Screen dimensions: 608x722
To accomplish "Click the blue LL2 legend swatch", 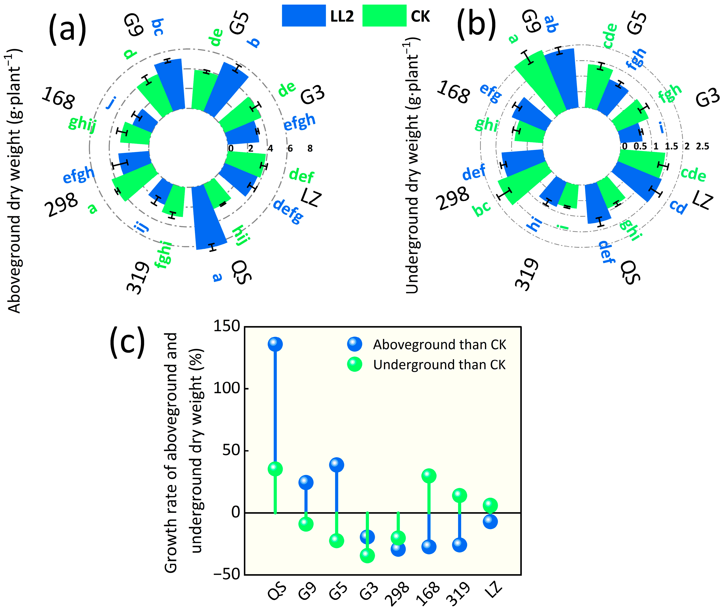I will [303, 15].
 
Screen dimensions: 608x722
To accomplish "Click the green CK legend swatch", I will [384, 15].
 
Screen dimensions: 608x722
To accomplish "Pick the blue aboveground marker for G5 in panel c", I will [337, 465].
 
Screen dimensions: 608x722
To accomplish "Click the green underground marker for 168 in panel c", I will [428, 476].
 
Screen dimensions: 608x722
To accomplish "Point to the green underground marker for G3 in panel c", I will [367, 555].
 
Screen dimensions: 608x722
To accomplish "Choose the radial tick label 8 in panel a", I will [310, 149].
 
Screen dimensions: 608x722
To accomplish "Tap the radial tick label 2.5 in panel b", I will [702, 146].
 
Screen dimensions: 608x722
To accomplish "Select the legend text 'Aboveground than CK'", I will [439, 345].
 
